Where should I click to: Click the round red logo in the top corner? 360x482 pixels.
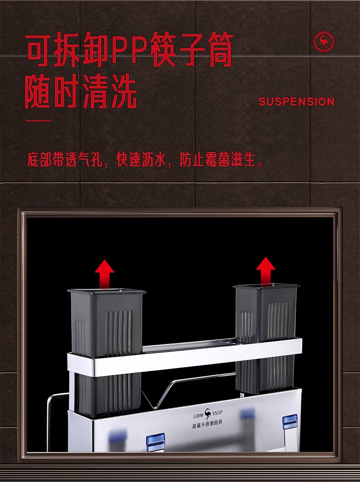[x=324, y=41]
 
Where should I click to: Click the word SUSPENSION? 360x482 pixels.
[x=296, y=102]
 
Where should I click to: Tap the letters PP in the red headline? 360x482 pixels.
[x=128, y=50]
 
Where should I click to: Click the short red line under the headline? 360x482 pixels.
[x=38, y=121]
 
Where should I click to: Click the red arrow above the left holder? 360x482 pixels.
[x=105, y=273]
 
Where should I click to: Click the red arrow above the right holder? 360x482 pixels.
[x=265, y=271]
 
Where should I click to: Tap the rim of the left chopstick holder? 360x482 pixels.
[x=106, y=291]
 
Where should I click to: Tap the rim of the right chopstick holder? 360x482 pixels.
[x=266, y=286]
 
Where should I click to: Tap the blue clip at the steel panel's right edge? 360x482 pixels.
[x=290, y=422]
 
